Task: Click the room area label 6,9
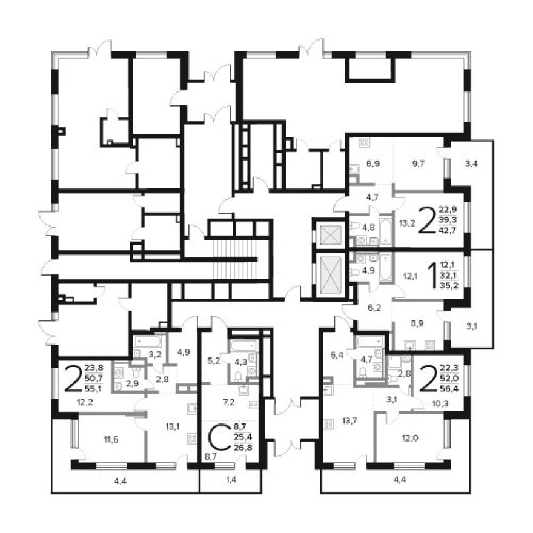(373, 164)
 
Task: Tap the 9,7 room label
(418, 164)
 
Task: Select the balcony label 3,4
(471, 164)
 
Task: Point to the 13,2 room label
(407, 223)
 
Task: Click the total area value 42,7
(448, 230)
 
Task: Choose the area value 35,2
(449, 285)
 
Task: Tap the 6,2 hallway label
(374, 308)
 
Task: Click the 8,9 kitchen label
(417, 323)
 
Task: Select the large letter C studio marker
(219, 438)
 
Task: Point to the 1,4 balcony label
(231, 480)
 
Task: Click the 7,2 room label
(228, 403)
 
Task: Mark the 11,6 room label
(111, 440)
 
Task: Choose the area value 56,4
(449, 388)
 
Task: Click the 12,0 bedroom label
(410, 438)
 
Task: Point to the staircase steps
(234, 257)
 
